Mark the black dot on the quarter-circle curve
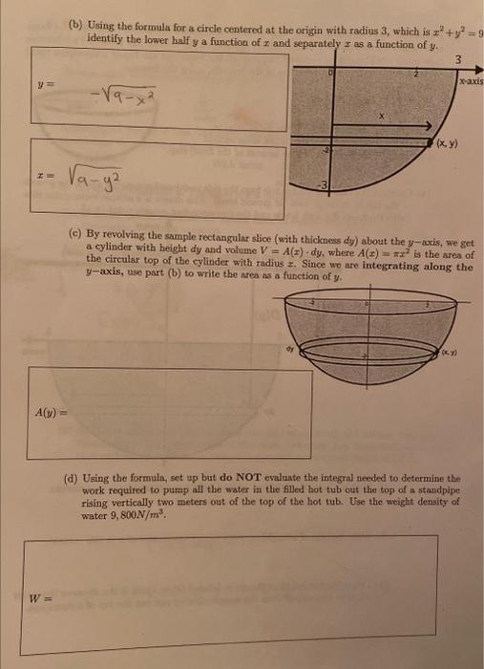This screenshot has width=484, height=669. pyautogui.click(x=429, y=140)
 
